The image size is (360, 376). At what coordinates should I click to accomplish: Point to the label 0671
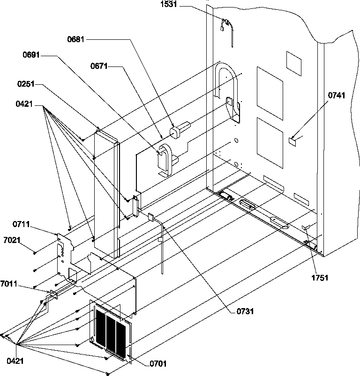click(x=99, y=67)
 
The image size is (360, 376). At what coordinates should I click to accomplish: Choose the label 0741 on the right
click(x=336, y=96)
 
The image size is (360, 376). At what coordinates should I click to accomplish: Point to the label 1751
click(x=320, y=278)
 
